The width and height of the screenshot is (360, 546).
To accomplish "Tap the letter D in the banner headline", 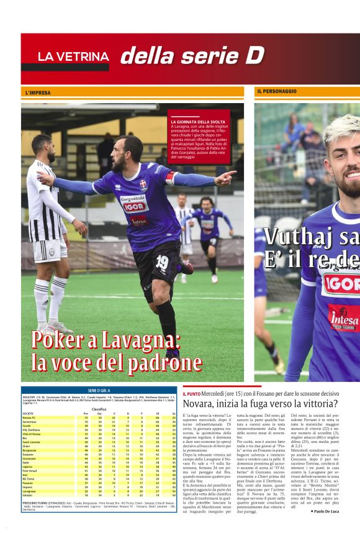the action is point(254,56).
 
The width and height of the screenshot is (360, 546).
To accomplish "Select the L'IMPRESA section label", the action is point(38,93).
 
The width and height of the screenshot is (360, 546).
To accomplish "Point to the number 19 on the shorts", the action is point(162,261).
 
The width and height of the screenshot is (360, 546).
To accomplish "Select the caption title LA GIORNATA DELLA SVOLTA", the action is point(198,122).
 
